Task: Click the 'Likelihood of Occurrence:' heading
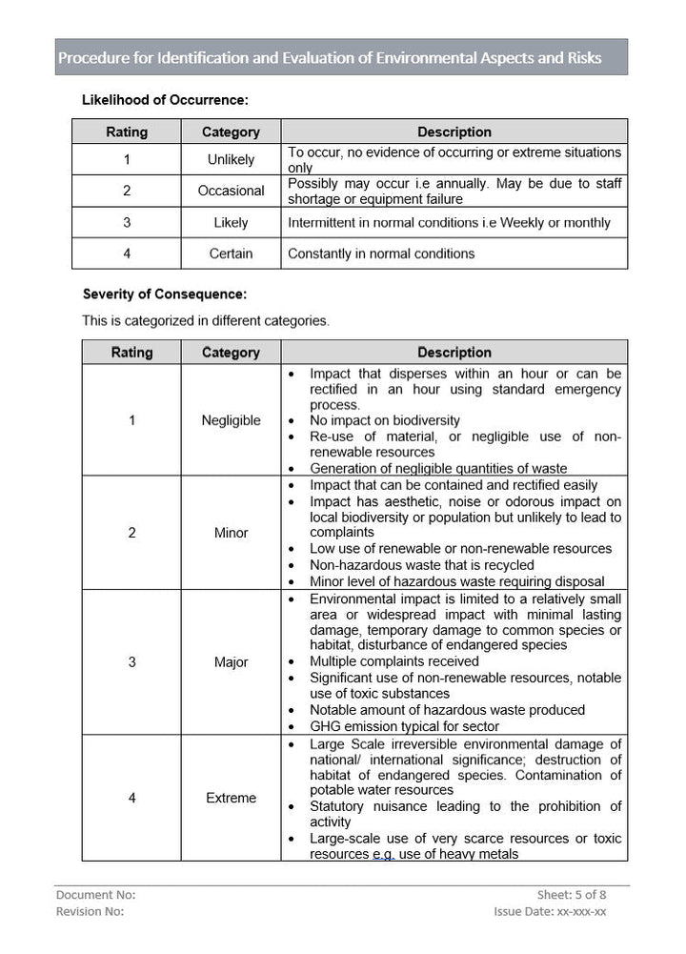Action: pyautogui.click(x=165, y=99)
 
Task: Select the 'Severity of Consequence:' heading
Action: pyautogui.click(x=164, y=294)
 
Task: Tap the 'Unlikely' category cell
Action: pyautogui.click(x=231, y=160)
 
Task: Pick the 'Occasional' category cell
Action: pyautogui.click(x=231, y=191)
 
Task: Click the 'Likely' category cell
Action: pyautogui.click(x=231, y=222)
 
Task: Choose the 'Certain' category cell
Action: pyautogui.click(x=231, y=254)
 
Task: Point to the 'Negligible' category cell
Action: pyautogui.click(x=231, y=420)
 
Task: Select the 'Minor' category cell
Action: pyautogui.click(x=231, y=533)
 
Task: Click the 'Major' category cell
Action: pyautogui.click(x=231, y=662)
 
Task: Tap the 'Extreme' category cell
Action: pyautogui.click(x=231, y=798)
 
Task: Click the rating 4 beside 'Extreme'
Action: pyautogui.click(x=131, y=798)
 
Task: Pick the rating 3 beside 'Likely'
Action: pyautogui.click(x=127, y=222)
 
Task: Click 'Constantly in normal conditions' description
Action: pyautogui.click(x=381, y=254)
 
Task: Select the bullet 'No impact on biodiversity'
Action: pyautogui.click(x=384, y=420)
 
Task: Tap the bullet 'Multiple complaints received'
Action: pyautogui.click(x=393, y=660)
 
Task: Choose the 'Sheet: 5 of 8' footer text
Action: pyautogui.click(x=572, y=895)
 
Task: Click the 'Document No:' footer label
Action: pyautogui.click(x=96, y=895)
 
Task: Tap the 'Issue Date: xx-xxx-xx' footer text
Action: pyautogui.click(x=550, y=911)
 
